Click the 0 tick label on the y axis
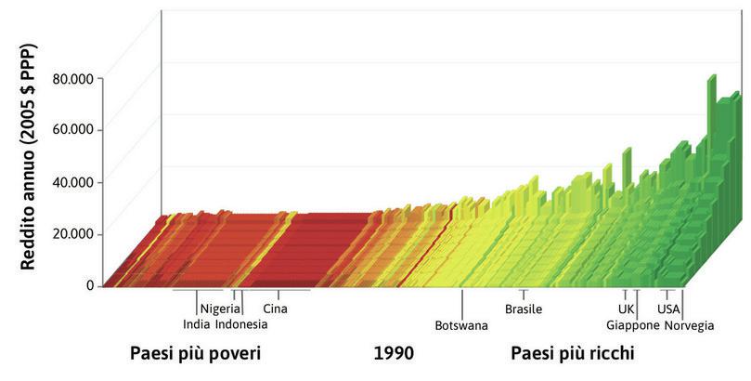[90, 285]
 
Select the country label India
[196, 325]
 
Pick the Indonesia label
[241, 325]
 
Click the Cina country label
[275, 309]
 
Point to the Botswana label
[461, 325]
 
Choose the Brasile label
[524, 309]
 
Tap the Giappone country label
[633, 325]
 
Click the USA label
[668, 309]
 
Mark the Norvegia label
[689, 325]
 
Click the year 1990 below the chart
[394, 355]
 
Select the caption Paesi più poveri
[195, 355]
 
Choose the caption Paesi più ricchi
[572, 355]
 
